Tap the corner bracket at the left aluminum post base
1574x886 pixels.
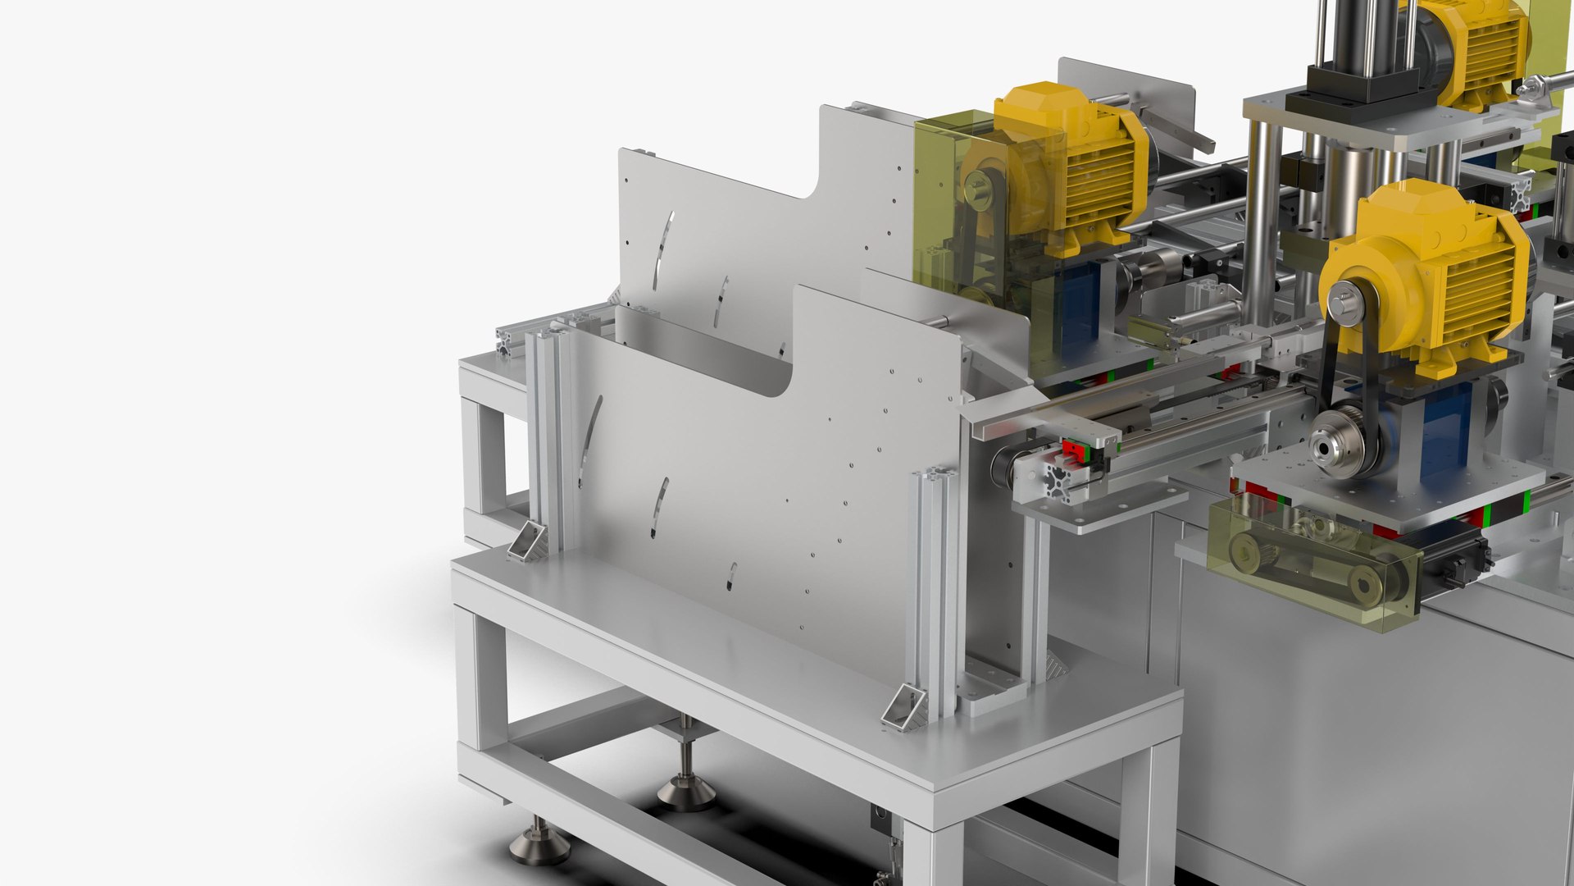pos(527,542)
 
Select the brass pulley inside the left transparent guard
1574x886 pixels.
pos(977,185)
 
